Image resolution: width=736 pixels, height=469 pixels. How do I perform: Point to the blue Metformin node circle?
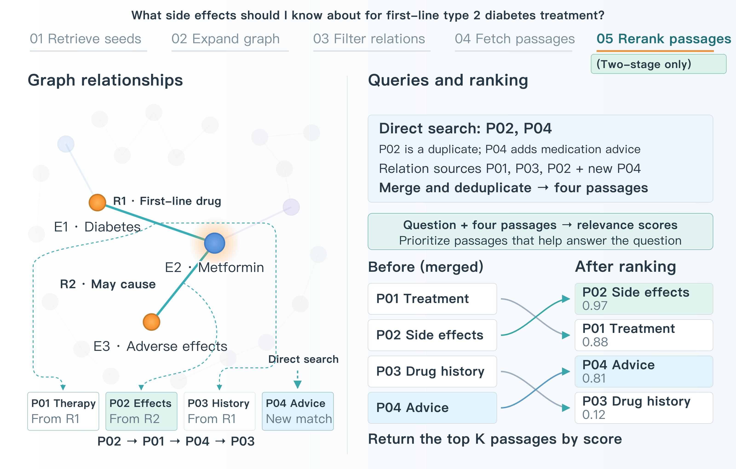215,243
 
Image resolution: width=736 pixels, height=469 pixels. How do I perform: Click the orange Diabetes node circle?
97,202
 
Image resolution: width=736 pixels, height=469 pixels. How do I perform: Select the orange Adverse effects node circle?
151,322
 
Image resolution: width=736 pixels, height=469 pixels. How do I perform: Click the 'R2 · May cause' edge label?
108,284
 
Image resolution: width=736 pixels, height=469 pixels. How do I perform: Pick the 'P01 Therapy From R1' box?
63,411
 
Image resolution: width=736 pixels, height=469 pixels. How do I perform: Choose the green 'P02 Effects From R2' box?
141,411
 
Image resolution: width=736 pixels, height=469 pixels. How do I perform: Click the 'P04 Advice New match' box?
298,411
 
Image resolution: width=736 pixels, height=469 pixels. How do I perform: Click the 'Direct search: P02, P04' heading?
465,128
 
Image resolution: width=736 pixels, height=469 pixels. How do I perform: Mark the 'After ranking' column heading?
625,267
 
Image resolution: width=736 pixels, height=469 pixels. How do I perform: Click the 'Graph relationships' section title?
105,80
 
